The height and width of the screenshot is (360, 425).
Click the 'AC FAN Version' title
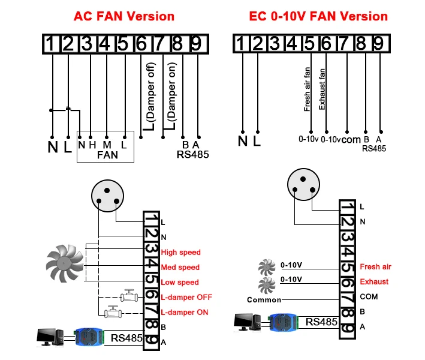(x=123, y=16)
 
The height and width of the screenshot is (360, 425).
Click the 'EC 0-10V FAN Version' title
(x=318, y=16)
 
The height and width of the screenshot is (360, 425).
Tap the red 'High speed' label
(x=180, y=253)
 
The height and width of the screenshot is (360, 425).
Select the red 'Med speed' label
(x=180, y=268)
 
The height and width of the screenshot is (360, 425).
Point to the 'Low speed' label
(x=180, y=283)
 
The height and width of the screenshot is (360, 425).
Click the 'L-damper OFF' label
(x=186, y=297)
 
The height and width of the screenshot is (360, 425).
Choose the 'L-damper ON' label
(x=185, y=312)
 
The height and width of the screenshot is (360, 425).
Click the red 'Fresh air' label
(x=375, y=267)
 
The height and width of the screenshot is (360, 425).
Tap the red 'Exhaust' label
(x=373, y=282)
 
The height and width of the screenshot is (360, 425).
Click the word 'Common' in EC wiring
(x=264, y=299)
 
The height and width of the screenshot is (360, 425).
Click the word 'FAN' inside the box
(x=107, y=155)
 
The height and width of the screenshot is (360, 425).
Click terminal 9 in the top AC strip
(x=195, y=43)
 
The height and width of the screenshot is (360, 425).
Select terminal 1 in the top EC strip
(x=240, y=43)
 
